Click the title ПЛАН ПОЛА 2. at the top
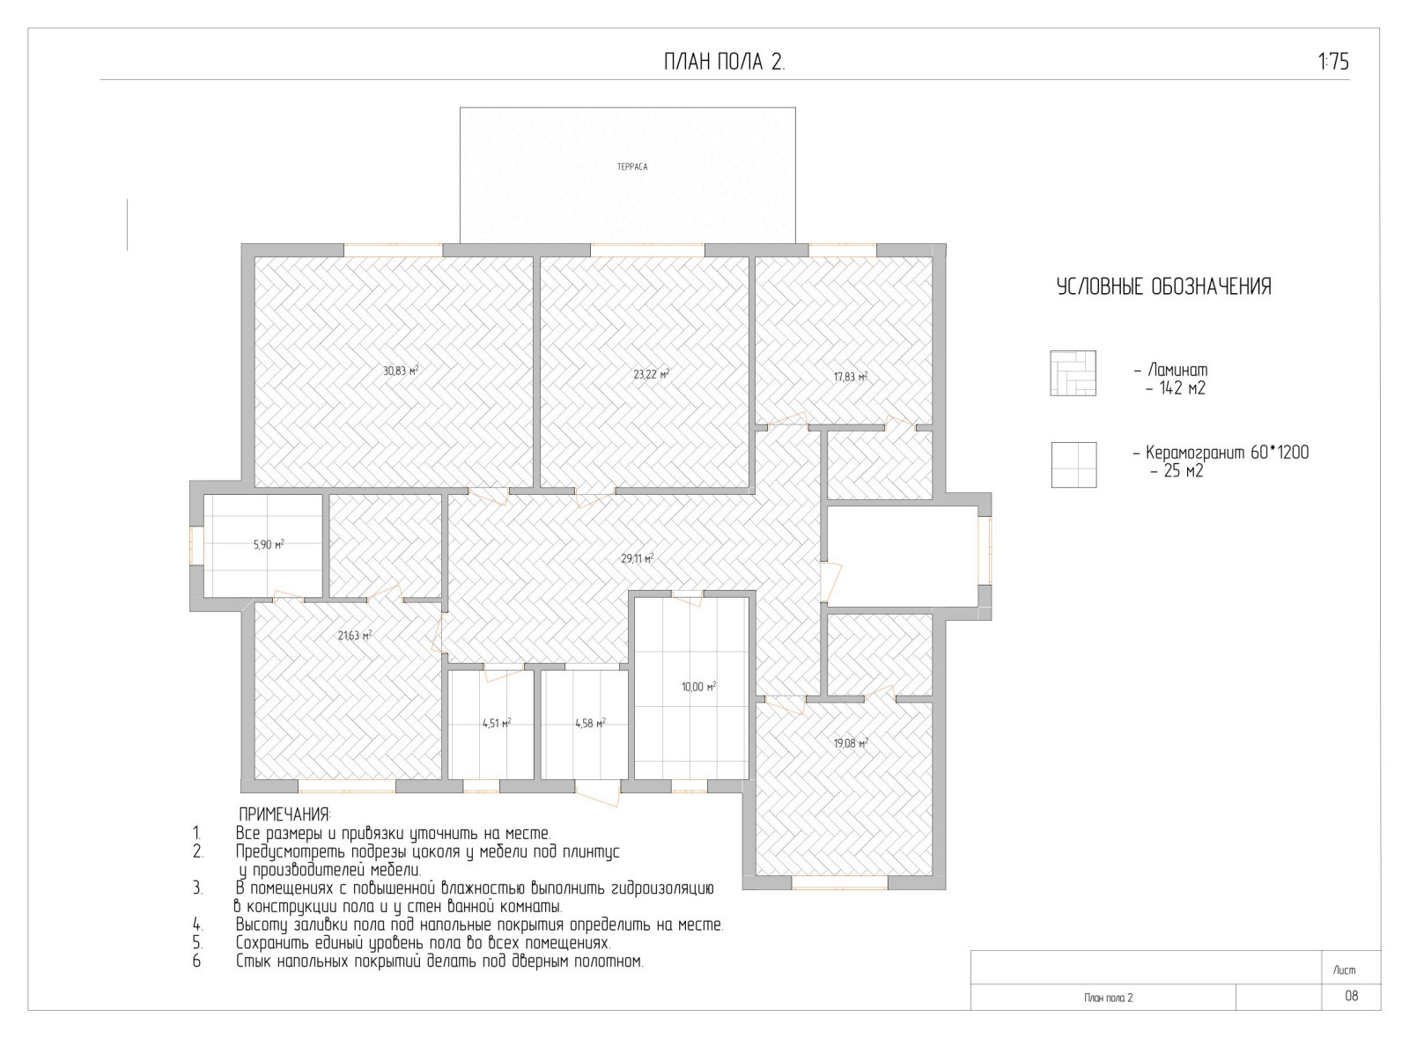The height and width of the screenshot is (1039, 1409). tap(725, 63)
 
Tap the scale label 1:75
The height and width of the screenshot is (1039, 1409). tap(1333, 62)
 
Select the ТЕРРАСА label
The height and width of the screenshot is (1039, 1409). tap(632, 167)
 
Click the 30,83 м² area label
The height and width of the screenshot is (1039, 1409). tap(401, 371)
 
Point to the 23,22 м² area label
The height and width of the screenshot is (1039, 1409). tap(651, 374)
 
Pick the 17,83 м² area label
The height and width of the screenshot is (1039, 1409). tap(851, 377)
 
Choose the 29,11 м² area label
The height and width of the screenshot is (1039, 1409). tap(638, 558)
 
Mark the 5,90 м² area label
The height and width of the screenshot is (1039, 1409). tap(269, 544)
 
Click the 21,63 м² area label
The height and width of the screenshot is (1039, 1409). tap(355, 635)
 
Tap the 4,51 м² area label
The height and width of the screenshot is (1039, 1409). tap(497, 723)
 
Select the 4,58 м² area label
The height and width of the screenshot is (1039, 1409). tap(590, 723)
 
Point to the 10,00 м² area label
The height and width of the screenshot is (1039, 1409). tap(699, 687)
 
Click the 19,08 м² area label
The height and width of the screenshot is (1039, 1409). tap(851, 743)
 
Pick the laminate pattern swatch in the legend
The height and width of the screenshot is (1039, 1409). tap(1073, 373)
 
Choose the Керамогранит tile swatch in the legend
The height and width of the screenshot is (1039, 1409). tap(1073, 465)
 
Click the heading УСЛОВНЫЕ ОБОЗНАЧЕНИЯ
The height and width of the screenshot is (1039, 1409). tap(1163, 287)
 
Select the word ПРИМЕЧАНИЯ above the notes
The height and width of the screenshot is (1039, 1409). tap(285, 814)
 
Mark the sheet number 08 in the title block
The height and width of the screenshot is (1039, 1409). tap(1351, 996)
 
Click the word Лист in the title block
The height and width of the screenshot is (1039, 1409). tap(1344, 970)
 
